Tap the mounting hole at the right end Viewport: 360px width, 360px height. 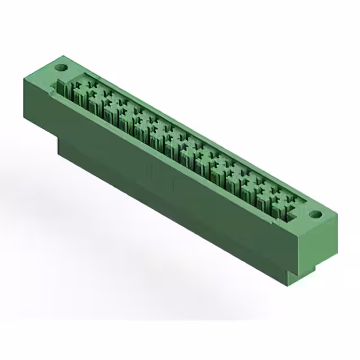315,214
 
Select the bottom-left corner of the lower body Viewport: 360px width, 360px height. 58,154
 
